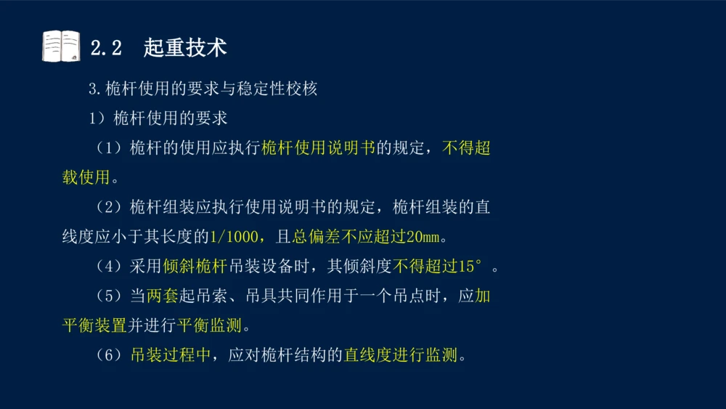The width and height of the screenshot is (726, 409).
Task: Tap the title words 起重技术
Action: coord(185,48)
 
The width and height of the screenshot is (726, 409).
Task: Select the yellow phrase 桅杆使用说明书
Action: coord(318,148)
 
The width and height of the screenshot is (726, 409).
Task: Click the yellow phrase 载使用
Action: coord(86,178)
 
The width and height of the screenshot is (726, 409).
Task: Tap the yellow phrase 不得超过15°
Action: coord(439,267)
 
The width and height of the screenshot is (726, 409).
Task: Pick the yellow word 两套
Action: coord(163,296)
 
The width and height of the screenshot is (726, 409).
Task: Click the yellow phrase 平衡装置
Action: coord(94,326)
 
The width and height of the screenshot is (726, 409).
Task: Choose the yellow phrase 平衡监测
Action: coord(209,326)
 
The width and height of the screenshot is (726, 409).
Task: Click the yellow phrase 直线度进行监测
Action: coord(401,356)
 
